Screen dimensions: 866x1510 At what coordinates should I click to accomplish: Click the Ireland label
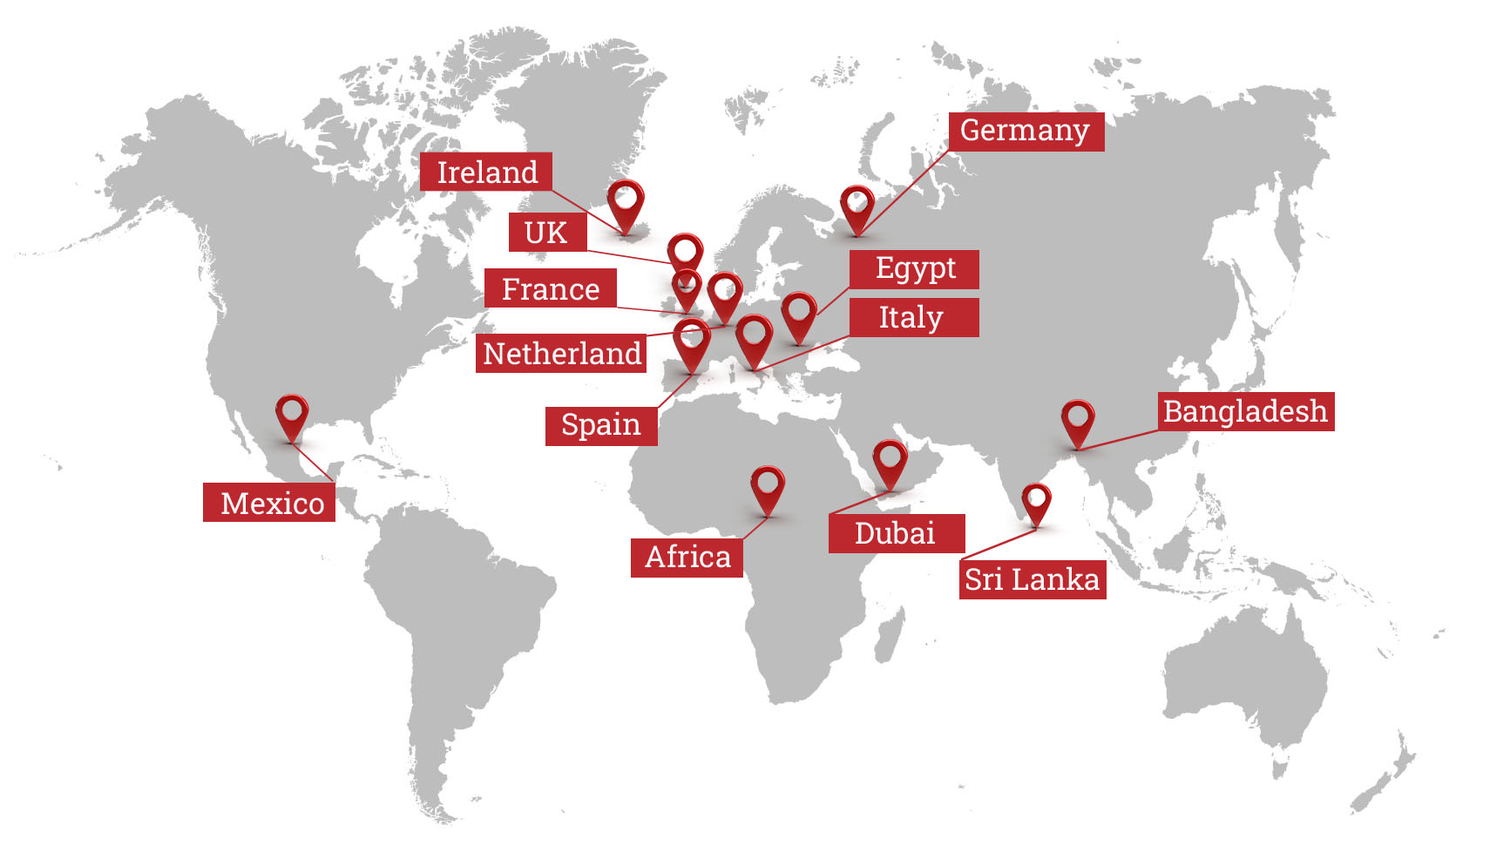(485, 172)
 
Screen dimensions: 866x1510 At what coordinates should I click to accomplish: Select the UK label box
(546, 233)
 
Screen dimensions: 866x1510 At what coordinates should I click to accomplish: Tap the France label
(550, 288)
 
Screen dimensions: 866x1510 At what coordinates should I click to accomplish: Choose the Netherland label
(561, 353)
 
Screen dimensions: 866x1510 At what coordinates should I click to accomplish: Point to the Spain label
(600, 425)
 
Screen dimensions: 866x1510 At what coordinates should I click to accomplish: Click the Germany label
(1026, 131)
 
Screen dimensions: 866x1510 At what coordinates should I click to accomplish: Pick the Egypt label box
(914, 268)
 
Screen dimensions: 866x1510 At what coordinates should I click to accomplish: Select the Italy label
(912, 317)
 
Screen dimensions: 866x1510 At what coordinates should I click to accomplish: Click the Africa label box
(687, 557)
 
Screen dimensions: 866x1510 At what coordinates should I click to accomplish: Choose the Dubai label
(896, 533)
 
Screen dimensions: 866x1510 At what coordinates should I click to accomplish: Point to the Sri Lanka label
(1033, 579)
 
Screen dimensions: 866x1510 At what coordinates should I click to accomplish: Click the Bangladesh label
(1246, 411)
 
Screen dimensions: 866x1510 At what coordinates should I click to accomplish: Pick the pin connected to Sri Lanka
(1036, 502)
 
